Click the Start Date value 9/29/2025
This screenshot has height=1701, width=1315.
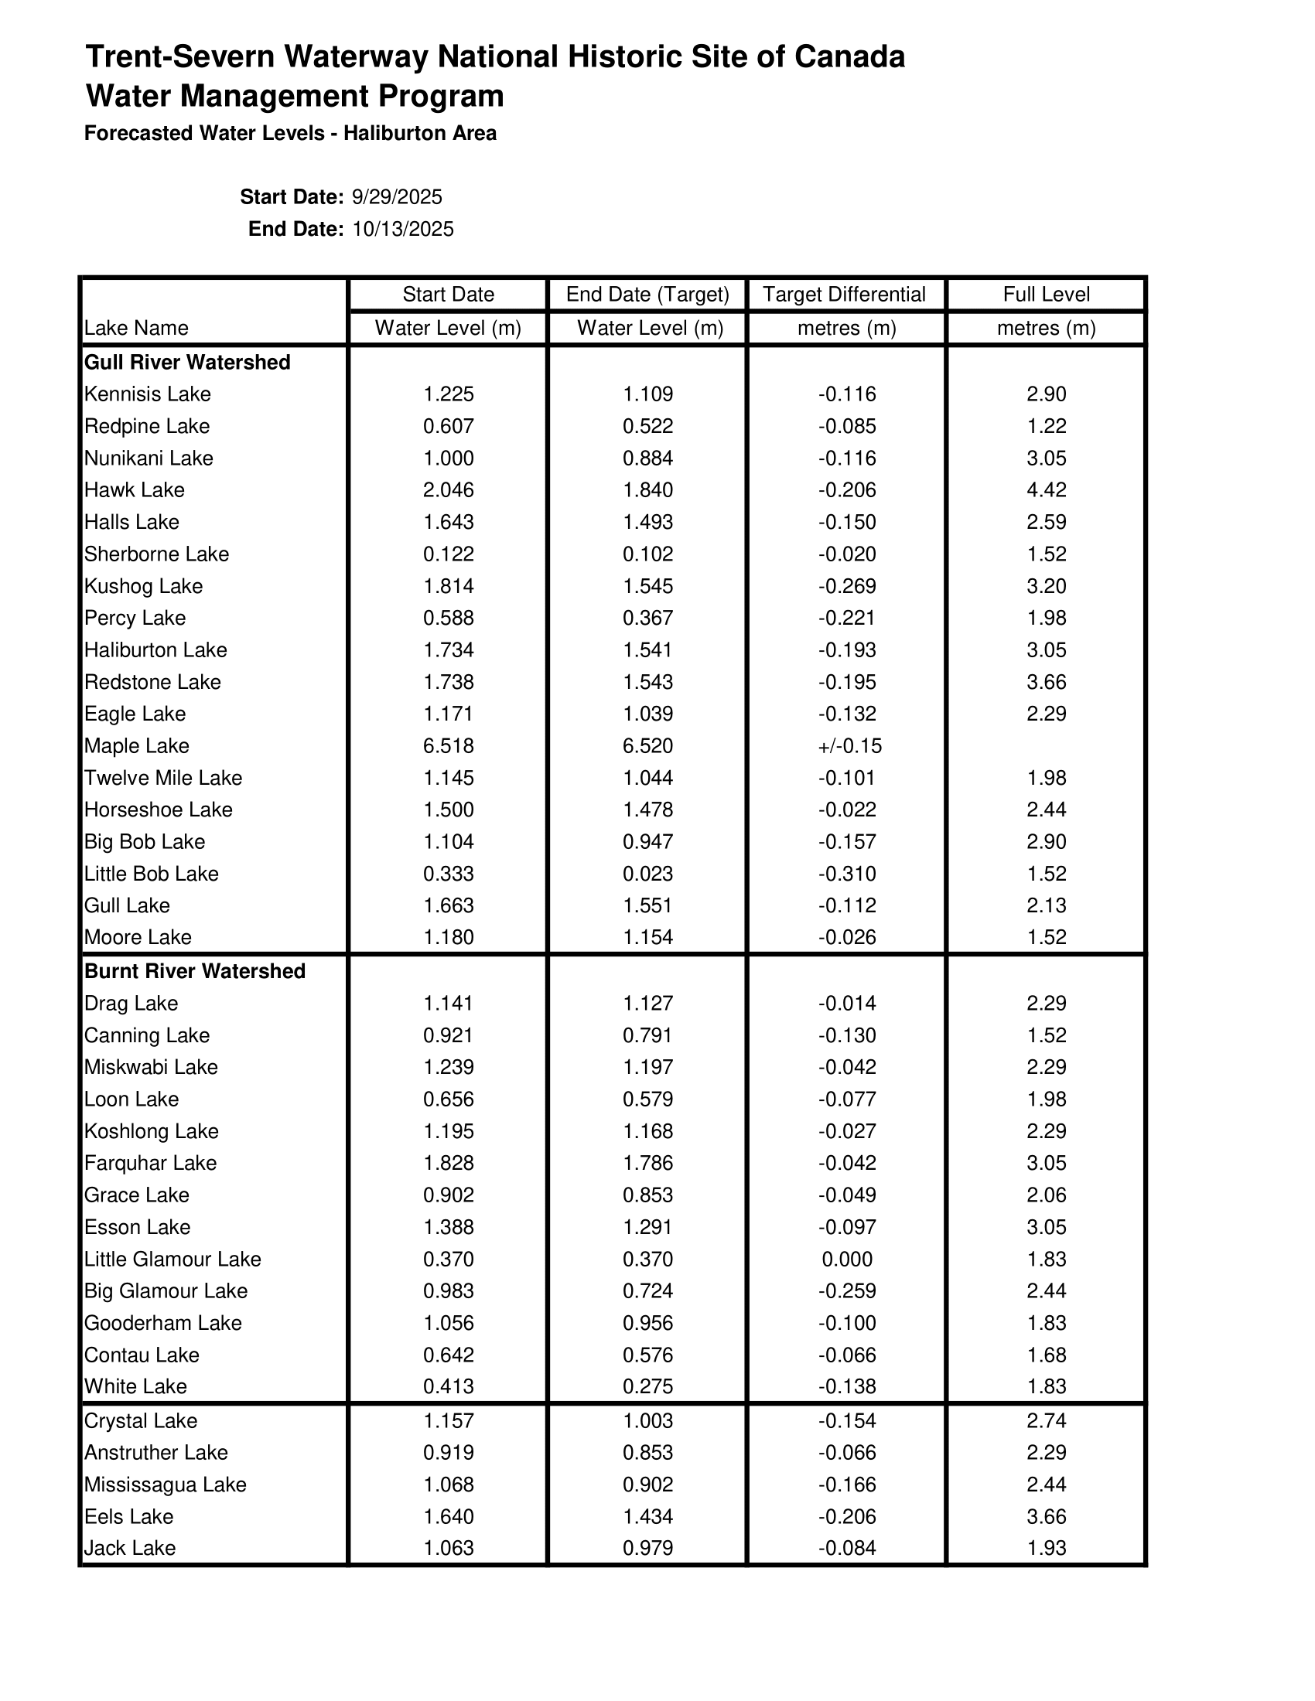click(x=397, y=197)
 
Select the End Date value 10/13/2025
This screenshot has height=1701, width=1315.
click(x=403, y=229)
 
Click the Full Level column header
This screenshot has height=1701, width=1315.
click(x=1046, y=295)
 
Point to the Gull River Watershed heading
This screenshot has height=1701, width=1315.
click(x=187, y=362)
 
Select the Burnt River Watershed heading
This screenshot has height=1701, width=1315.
click(x=195, y=971)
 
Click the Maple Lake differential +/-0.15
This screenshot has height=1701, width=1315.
click(x=850, y=746)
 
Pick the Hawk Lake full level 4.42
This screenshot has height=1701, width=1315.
click(x=1046, y=490)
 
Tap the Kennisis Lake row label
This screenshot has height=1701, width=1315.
click(x=147, y=394)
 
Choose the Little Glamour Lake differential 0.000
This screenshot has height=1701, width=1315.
click(x=847, y=1260)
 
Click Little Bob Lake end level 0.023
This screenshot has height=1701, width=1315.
click(x=647, y=874)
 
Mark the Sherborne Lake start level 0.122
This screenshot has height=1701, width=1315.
click(x=448, y=554)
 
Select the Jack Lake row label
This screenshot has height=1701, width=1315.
click(x=129, y=1548)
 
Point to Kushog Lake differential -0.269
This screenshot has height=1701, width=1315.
click(x=847, y=586)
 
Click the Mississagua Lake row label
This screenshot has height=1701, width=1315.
click(x=166, y=1485)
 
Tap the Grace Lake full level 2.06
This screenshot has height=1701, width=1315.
click(x=1046, y=1195)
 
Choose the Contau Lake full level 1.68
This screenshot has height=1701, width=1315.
click(x=1046, y=1355)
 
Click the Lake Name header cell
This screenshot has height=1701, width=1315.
click(x=136, y=328)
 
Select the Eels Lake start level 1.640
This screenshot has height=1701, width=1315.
click(x=448, y=1516)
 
